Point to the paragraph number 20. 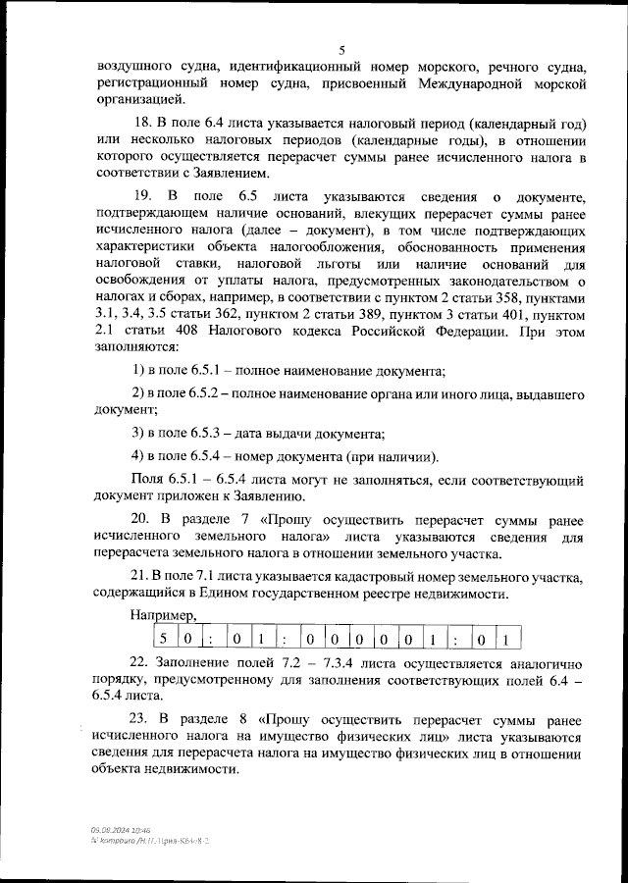pyautogui.click(x=142, y=520)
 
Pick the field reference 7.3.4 pyautogui.click(x=320, y=664)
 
